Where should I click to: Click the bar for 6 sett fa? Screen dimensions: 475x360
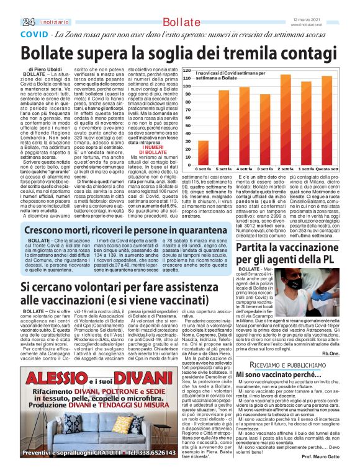(x=186, y=152)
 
